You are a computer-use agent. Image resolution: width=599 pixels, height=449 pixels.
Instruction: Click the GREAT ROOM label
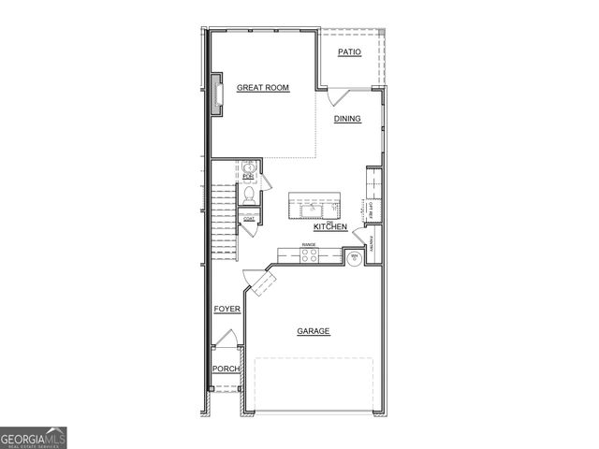coord(262,88)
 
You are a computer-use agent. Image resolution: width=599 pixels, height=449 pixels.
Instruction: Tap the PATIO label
coord(349,52)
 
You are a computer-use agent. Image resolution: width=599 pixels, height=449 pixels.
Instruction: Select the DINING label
coord(347,119)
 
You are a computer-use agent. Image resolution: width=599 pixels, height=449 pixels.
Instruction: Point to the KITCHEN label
coord(330,227)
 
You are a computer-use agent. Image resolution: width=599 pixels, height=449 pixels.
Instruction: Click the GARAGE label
coord(314,331)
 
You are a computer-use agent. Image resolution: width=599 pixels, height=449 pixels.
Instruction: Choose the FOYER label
coord(226,309)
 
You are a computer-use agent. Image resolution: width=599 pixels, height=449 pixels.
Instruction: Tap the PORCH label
coord(226,369)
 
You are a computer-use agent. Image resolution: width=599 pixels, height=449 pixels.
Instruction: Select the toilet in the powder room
coord(248,196)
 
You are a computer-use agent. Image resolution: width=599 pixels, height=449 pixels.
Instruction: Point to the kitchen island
coord(314,203)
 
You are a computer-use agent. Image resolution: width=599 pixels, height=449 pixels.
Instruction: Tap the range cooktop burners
coord(309,253)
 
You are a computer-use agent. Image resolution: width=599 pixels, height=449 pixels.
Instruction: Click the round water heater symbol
coord(355,257)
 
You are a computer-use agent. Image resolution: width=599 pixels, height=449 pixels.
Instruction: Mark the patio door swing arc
coord(339,96)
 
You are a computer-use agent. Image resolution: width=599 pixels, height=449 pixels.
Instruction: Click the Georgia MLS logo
coord(33,437)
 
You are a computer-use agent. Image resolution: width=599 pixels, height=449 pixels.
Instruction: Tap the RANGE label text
coord(309,245)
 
